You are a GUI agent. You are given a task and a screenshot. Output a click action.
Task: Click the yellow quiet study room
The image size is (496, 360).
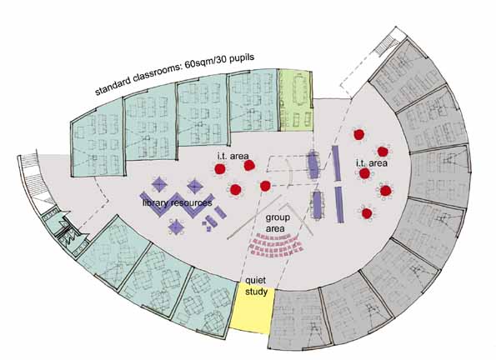click(x=252, y=307)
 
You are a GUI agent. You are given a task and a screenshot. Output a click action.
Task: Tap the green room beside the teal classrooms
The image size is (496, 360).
click(x=295, y=100)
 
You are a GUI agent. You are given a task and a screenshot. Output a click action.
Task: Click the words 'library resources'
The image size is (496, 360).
click(x=177, y=202)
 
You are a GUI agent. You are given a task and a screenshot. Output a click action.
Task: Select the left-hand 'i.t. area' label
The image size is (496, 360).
click(x=233, y=156)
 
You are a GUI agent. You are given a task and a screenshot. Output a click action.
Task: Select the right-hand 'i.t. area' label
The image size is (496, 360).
click(x=371, y=163)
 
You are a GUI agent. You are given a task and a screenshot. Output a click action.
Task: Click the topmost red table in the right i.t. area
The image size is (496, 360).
click(x=358, y=134)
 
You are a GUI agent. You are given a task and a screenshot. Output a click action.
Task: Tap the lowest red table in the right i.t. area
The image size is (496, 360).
click(x=366, y=213)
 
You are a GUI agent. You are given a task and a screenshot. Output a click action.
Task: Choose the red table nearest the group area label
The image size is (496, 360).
click(x=265, y=186)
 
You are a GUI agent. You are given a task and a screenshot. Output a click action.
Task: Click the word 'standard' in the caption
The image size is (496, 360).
click(x=113, y=86)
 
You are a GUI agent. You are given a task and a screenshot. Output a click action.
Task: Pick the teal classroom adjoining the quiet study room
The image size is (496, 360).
click(x=206, y=302)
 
